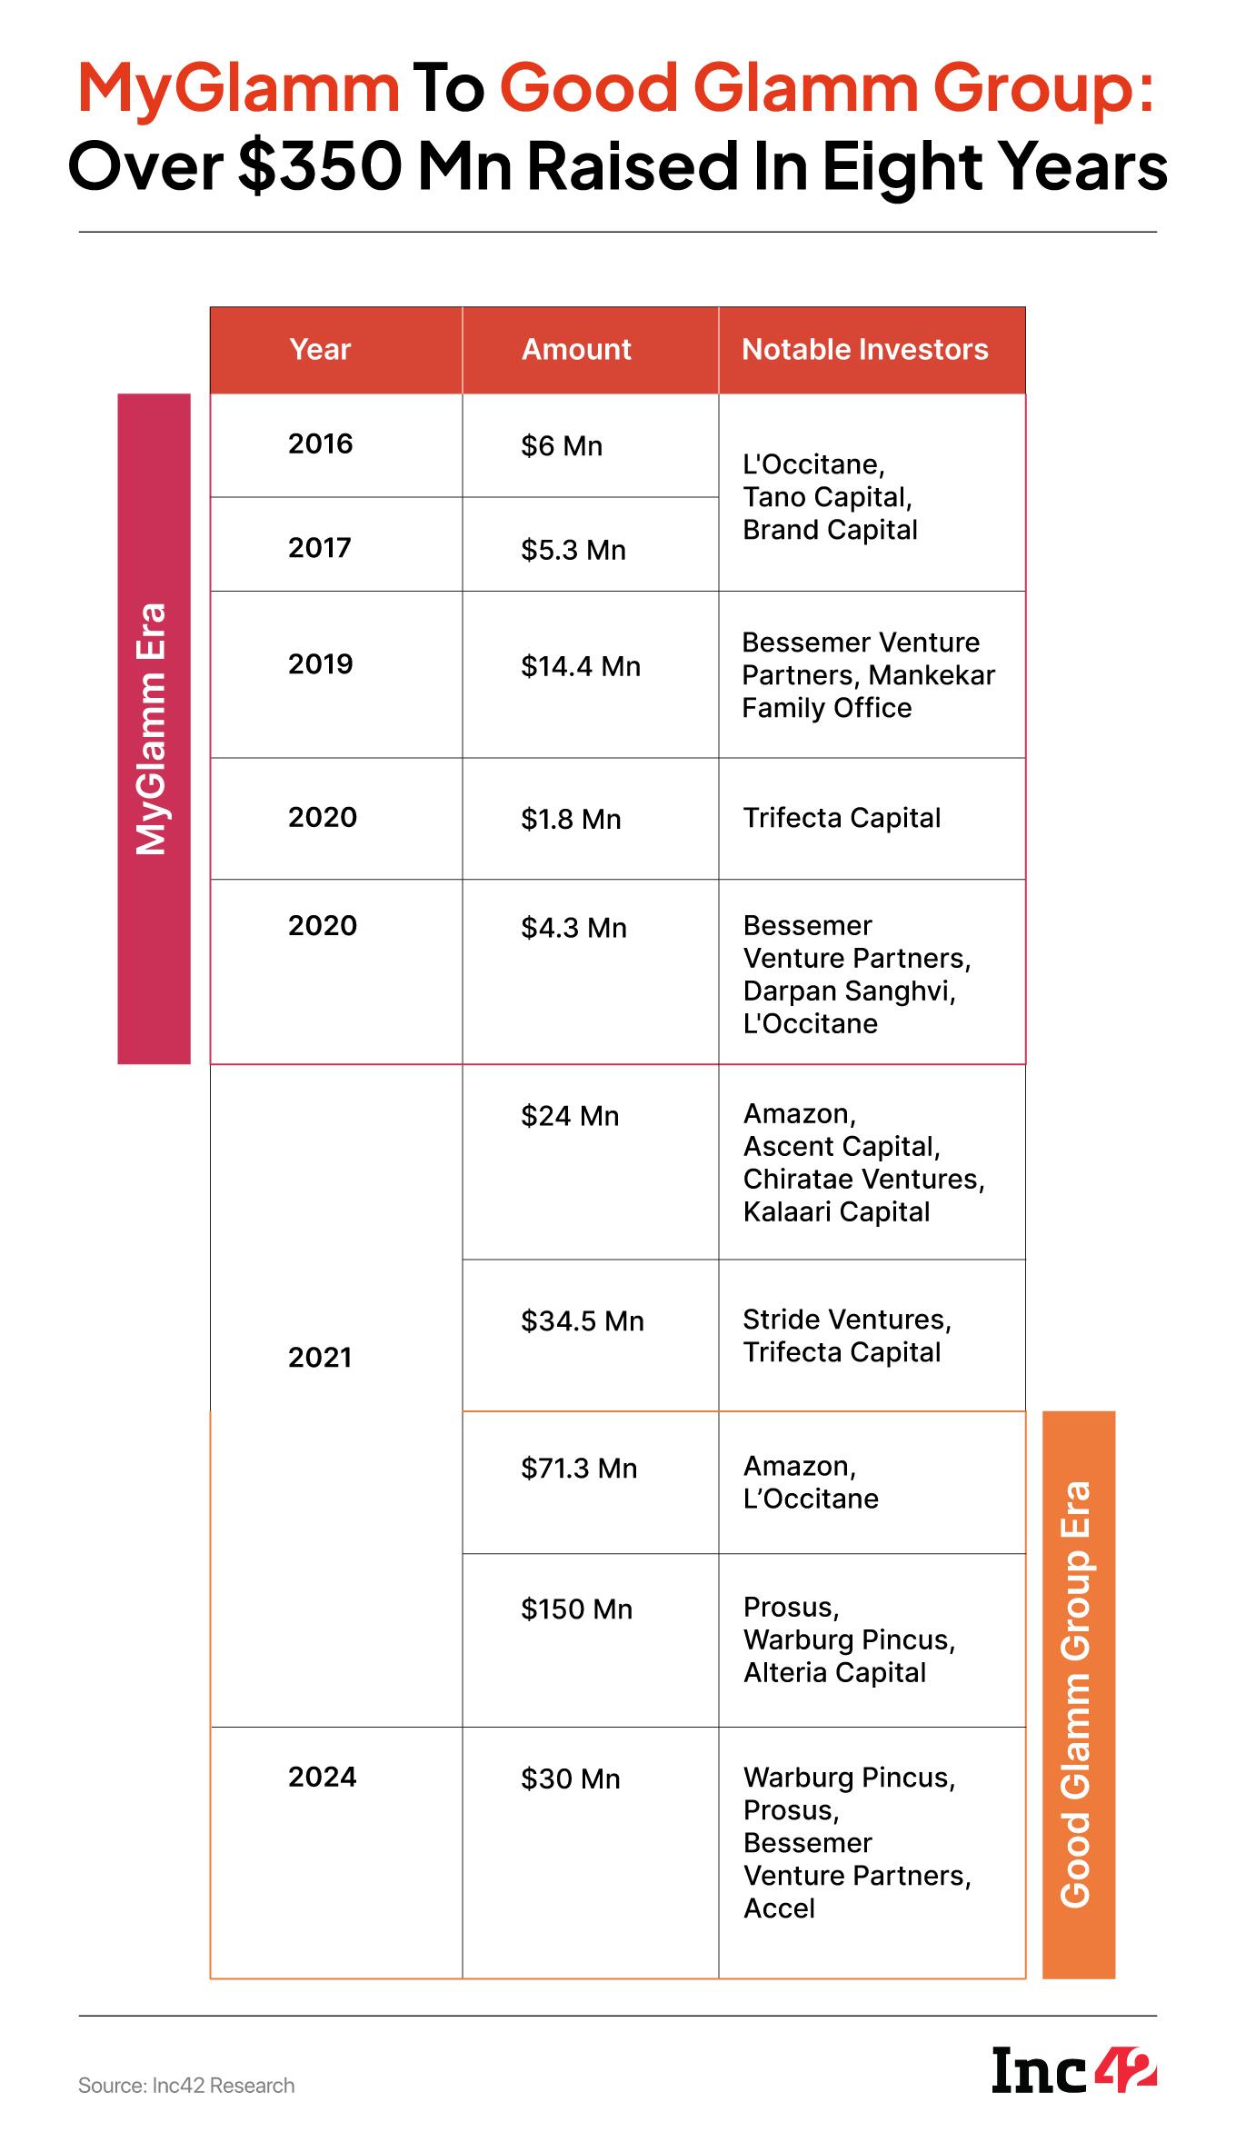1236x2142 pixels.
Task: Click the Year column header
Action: pyautogui.click(x=320, y=350)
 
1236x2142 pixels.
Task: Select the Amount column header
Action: pyautogui.click(x=576, y=350)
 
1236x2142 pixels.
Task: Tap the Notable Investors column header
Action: pyautogui.click(x=864, y=350)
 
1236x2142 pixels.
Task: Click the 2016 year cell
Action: pyautogui.click(x=320, y=444)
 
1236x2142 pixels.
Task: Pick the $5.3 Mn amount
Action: pyautogui.click(x=573, y=551)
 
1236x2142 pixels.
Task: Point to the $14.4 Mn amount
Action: pyautogui.click(x=581, y=667)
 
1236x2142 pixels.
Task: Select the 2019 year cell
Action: pyautogui.click(x=320, y=664)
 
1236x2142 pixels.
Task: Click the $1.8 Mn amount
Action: pyautogui.click(x=571, y=820)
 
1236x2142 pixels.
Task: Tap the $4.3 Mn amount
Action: pyautogui.click(x=573, y=928)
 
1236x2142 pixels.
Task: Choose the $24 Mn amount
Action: pyautogui.click(x=570, y=1116)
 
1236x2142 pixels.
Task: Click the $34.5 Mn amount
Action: pyautogui.click(x=583, y=1321)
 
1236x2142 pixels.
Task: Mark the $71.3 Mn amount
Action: pyautogui.click(x=579, y=1469)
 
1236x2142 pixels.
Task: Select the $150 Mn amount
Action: pyautogui.click(x=576, y=1609)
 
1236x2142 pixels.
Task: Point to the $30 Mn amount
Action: pyautogui.click(x=571, y=1778)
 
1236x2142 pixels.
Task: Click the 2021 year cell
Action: pyautogui.click(x=320, y=1358)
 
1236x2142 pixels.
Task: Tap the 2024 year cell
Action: pyautogui.click(x=323, y=1777)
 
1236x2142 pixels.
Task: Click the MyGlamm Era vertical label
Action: pyautogui.click(x=153, y=728)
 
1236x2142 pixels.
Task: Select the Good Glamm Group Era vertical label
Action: pyautogui.click(x=1077, y=1694)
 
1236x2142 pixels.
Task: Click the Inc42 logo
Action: pyautogui.click(x=1073, y=2068)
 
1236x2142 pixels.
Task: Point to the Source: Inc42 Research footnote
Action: pyautogui.click(x=186, y=2086)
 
